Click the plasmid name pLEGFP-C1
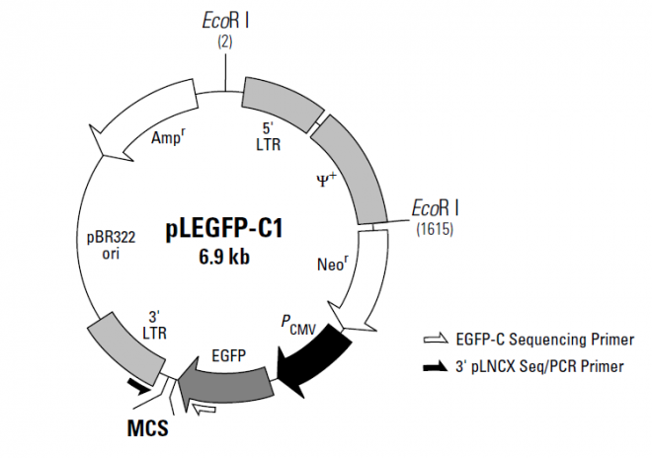point(223,230)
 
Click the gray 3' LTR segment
point(123,347)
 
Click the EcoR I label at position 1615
point(436,208)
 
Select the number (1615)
point(435,228)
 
